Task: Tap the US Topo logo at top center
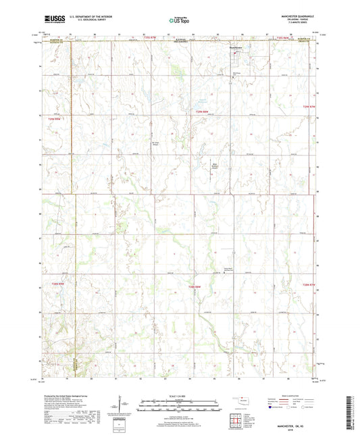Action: tap(179, 21)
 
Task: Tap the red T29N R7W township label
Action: tap(309, 107)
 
